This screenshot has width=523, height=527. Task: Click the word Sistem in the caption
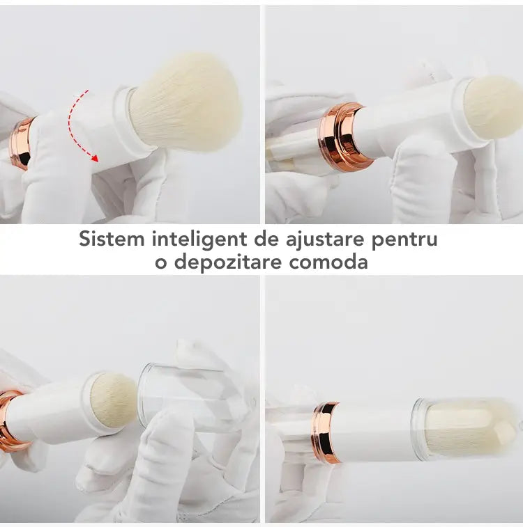point(112,239)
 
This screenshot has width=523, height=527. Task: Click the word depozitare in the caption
point(227,262)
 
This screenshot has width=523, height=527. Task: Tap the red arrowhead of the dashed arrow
point(95,158)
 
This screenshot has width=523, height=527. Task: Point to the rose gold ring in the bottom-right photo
point(326,432)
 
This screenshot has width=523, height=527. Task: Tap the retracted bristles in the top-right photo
point(494,107)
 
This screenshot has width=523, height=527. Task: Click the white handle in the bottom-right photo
point(375,432)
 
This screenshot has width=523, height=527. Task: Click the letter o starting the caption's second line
point(161,264)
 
